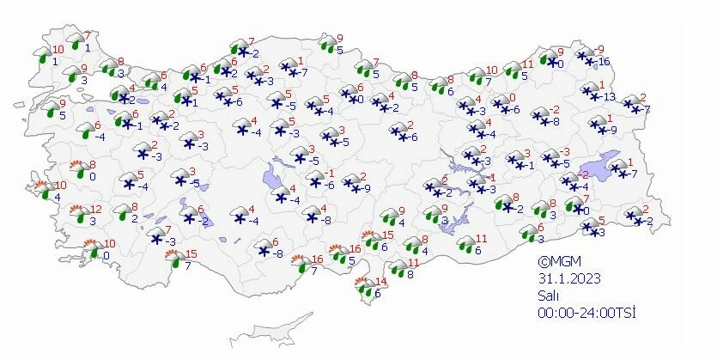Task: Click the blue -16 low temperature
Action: pos(605,62)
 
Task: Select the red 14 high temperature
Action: pos(382,282)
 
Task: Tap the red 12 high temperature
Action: pos(96,210)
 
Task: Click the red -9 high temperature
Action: pos(600,49)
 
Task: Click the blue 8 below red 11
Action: pos(411,275)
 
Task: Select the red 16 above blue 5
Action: pos(354,249)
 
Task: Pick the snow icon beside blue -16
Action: pos(586,58)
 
